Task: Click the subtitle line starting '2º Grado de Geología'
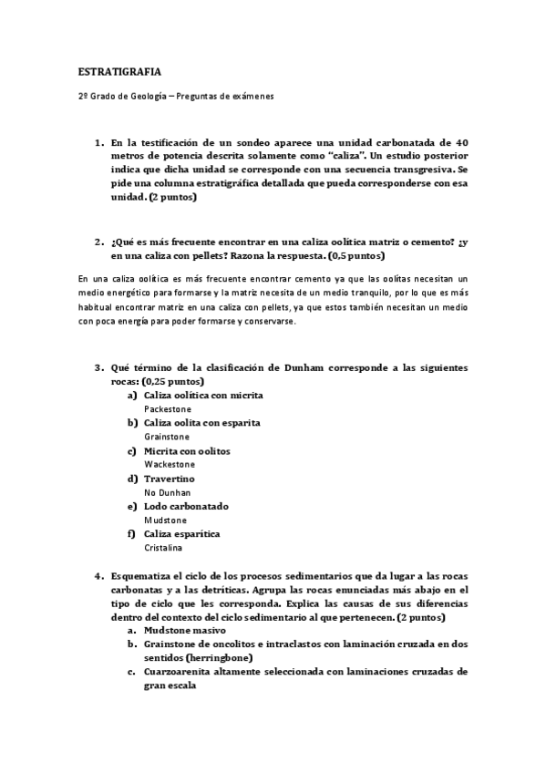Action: click(x=176, y=96)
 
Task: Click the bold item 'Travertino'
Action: click(x=170, y=479)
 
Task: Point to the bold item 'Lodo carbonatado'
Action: click(x=186, y=506)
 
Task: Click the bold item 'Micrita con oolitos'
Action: click(x=187, y=451)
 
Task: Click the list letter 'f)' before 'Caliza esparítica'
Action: click(x=132, y=533)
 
